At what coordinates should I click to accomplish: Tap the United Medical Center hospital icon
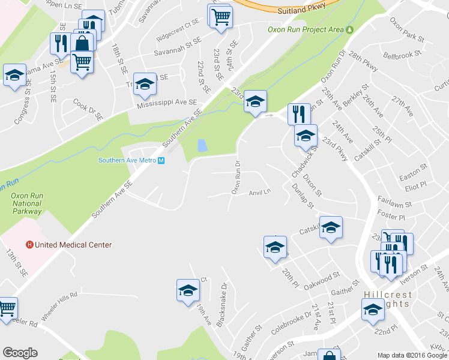[x=29, y=245]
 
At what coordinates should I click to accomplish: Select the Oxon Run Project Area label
[x=306, y=29]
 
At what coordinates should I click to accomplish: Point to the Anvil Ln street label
[x=260, y=193]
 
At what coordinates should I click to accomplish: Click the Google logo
[x=20, y=353]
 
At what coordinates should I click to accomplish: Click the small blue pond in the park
[x=202, y=145]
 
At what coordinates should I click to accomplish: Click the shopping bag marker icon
[x=82, y=43]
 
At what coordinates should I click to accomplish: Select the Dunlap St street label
[x=303, y=197]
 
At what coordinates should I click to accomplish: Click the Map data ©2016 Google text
[x=412, y=355]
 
